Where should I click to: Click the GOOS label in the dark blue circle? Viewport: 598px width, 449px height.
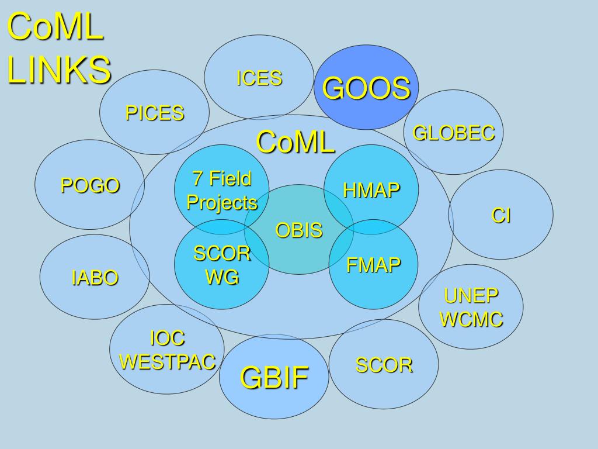click(x=367, y=88)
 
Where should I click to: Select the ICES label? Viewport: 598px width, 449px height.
click(x=259, y=78)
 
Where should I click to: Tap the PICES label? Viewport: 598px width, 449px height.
click(x=155, y=113)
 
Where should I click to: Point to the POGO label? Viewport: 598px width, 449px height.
click(x=91, y=185)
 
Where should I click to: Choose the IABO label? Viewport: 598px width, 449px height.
click(x=95, y=278)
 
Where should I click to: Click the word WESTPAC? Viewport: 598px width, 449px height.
click(x=168, y=362)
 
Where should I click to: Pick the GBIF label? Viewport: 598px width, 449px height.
click(x=274, y=377)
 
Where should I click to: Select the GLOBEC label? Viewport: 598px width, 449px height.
click(x=454, y=133)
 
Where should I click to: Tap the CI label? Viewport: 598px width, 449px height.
click(x=501, y=216)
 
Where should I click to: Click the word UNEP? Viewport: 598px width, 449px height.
click(x=471, y=296)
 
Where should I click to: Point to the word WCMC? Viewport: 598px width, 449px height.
click(x=471, y=319)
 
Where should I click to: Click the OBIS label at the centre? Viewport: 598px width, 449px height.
click(x=299, y=230)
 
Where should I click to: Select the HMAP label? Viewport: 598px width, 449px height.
click(x=371, y=190)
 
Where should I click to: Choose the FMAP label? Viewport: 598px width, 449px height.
click(x=374, y=265)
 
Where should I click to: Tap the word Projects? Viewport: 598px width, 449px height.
click(x=222, y=203)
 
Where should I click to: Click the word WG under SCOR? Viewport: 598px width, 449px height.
click(x=222, y=277)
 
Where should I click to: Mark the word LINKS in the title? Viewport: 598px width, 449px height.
click(x=59, y=70)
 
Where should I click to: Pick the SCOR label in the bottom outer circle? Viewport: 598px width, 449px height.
click(x=384, y=365)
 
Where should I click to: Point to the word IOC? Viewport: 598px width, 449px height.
click(x=167, y=338)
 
